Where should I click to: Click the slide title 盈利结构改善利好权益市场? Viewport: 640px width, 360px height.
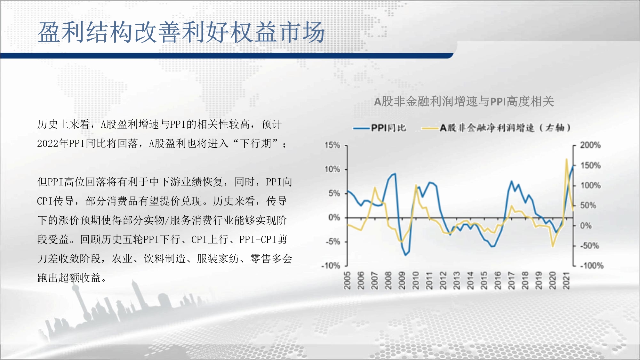(x=181, y=32)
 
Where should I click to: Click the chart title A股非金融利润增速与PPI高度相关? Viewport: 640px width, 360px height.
(x=464, y=101)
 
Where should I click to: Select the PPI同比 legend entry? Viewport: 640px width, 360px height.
(x=380, y=128)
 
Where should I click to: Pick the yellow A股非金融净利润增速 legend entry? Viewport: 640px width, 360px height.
(x=496, y=128)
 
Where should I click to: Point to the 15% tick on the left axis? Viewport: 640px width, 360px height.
(x=332, y=145)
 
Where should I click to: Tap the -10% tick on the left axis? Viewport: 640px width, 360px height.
(x=331, y=266)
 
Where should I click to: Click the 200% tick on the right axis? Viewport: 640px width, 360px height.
(x=590, y=145)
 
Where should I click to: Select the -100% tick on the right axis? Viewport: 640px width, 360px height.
(x=592, y=266)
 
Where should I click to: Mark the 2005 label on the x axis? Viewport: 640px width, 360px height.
(x=347, y=280)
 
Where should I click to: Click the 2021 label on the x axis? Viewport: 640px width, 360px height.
(x=566, y=280)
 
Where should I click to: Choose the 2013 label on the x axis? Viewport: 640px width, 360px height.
(x=457, y=280)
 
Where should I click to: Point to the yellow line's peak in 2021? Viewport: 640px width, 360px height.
(x=566, y=159)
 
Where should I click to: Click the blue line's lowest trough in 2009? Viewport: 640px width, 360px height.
(x=405, y=255)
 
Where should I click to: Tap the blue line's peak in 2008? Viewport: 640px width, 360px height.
(x=395, y=174)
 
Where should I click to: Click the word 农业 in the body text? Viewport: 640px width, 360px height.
(x=122, y=259)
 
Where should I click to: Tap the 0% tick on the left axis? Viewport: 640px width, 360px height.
(x=334, y=218)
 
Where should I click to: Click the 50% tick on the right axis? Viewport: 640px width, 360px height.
(x=588, y=205)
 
